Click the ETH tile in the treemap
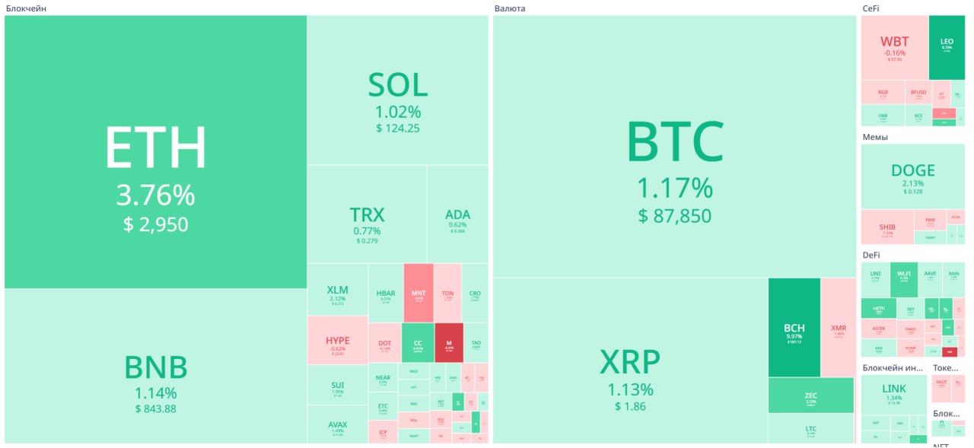click(155, 152)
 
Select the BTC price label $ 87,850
click(674, 216)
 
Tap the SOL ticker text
click(397, 85)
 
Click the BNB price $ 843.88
click(155, 409)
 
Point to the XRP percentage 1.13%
click(629, 390)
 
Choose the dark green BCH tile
click(794, 328)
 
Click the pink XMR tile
click(839, 328)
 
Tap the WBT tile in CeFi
click(894, 47)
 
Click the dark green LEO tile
click(947, 47)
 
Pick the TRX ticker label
click(367, 214)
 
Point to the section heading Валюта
click(509, 8)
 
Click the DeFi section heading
click(871, 256)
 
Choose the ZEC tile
click(810, 396)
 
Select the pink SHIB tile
click(886, 227)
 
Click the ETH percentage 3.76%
click(155, 196)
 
